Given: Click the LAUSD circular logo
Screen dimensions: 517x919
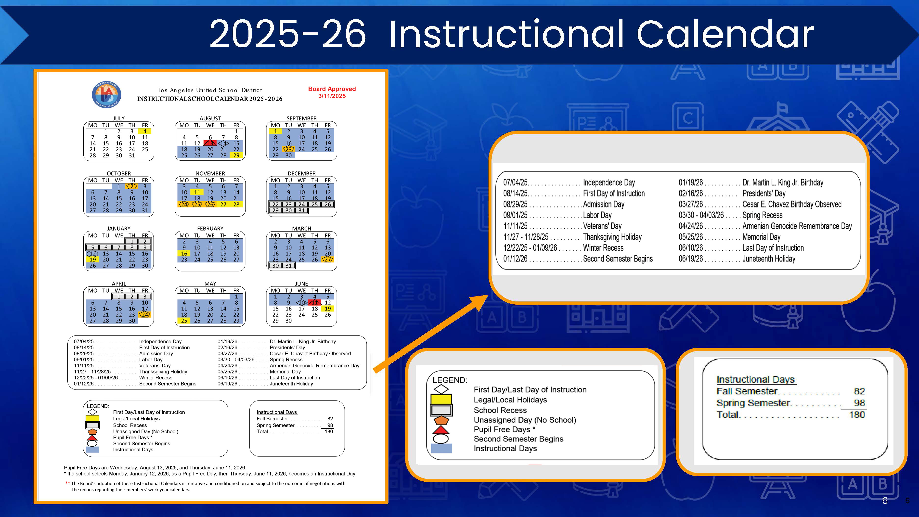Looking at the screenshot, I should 106,94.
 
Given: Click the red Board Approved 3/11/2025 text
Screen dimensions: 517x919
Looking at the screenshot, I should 332,92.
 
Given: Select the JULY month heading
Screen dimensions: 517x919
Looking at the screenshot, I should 119,118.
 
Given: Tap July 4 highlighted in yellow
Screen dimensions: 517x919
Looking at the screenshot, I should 145,131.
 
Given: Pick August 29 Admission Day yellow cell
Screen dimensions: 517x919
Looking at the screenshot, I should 236,155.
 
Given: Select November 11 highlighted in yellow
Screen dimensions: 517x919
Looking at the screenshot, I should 197,192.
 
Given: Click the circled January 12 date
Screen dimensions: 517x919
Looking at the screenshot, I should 92,254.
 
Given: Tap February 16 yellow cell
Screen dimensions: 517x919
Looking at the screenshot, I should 184,254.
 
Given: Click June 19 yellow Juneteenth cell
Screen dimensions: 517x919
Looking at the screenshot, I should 327,309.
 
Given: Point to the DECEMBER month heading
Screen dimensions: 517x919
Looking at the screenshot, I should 301,173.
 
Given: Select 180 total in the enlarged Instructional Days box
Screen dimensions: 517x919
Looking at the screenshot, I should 857,414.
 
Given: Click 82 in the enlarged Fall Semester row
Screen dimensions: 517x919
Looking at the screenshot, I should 859,391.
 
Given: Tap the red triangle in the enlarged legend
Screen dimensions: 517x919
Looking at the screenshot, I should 441,430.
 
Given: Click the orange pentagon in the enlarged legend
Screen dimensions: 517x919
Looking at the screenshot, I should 441,420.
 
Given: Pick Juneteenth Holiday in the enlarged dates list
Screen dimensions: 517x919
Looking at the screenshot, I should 769,259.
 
